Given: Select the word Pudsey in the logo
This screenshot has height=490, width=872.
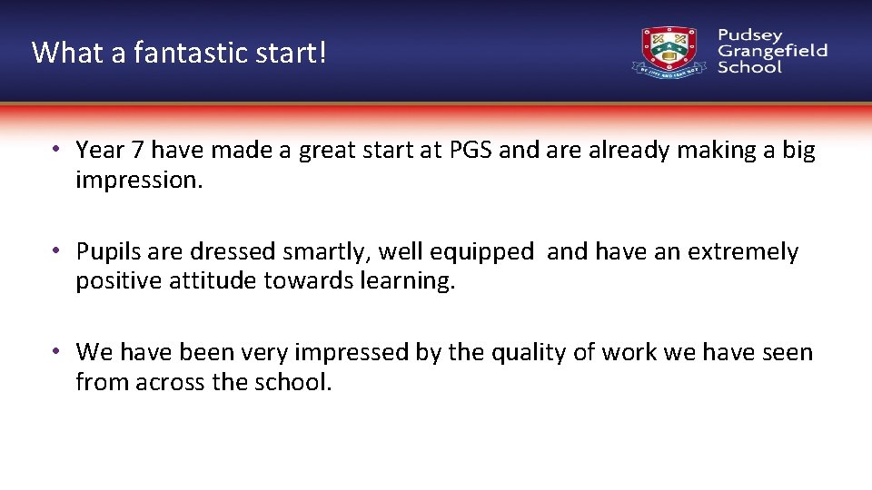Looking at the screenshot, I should click(749, 34).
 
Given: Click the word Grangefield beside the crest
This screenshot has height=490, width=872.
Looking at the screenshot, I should click(772, 51).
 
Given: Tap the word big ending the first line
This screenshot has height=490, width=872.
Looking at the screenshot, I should click(798, 151).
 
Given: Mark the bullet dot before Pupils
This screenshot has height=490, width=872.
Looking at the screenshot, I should click(56, 251).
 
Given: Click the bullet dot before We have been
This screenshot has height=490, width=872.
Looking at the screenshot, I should click(56, 352).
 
